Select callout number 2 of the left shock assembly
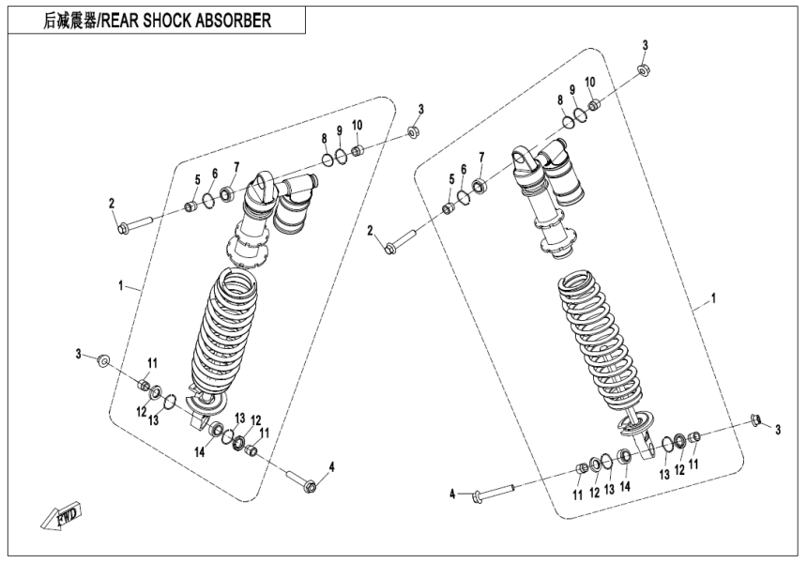tap(111, 204)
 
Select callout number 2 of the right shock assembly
tap(371, 231)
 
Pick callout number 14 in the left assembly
tap(200, 451)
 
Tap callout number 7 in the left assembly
tap(236, 167)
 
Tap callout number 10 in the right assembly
tap(590, 82)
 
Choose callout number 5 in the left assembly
tap(198, 179)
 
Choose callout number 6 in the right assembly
tap(463, 169)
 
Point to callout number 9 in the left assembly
tap(340, 130)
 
